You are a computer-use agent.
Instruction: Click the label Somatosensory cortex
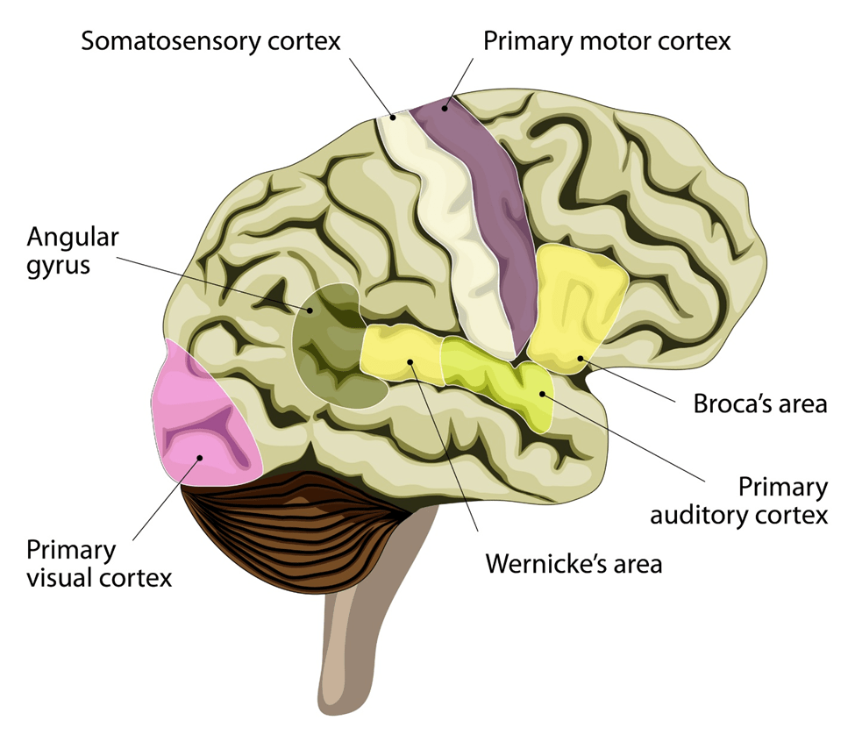point(210,41)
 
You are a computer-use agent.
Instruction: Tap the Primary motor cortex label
point(607,41)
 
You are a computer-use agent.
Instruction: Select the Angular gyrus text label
point(73,250)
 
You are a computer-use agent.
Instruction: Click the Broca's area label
point(760,404)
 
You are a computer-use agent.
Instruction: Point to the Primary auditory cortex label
point(738,501)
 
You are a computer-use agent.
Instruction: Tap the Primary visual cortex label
point(98,564)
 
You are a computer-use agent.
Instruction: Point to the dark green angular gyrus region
point(329,360)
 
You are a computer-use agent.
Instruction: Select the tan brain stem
point(351,649)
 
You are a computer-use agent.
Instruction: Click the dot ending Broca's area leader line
point(580,358)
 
